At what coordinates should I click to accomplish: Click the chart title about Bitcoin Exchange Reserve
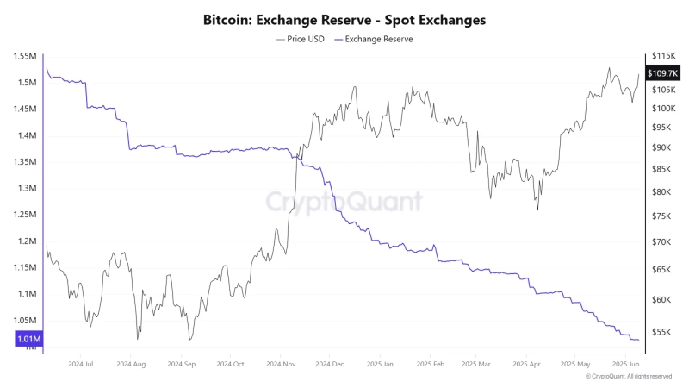coord(344,19)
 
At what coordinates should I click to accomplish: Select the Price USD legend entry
coord(301,40)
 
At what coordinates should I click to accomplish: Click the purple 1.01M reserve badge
coord(28,340)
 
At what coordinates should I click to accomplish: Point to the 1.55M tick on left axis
coord(24,57)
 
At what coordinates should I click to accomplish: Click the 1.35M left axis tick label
coord(24,162)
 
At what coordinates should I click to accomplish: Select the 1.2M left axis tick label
coord(25,241)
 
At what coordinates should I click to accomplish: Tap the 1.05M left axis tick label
coord(24,320)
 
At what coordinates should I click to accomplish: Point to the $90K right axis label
coord(662,147)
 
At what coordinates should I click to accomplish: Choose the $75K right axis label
coord(662,216)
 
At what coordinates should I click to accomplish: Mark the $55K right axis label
coord(662,332)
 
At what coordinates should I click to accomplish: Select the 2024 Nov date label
coord(281,365)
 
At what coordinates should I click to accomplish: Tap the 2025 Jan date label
coord(379,365)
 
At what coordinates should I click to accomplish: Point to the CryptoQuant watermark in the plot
coord(344,202)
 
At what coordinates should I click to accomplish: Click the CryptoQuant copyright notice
coord(629,377)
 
